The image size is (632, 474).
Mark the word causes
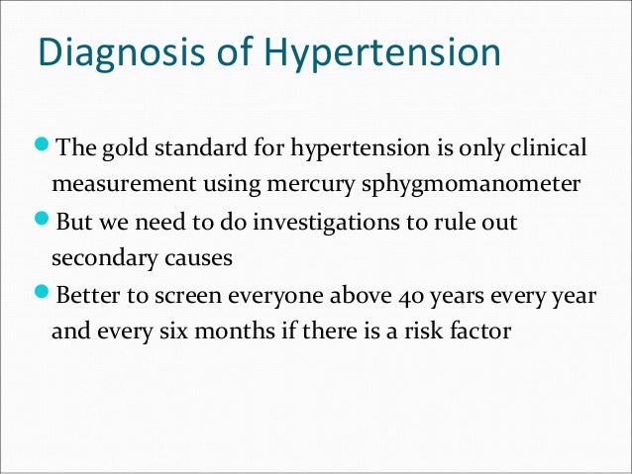coord(199,258)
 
